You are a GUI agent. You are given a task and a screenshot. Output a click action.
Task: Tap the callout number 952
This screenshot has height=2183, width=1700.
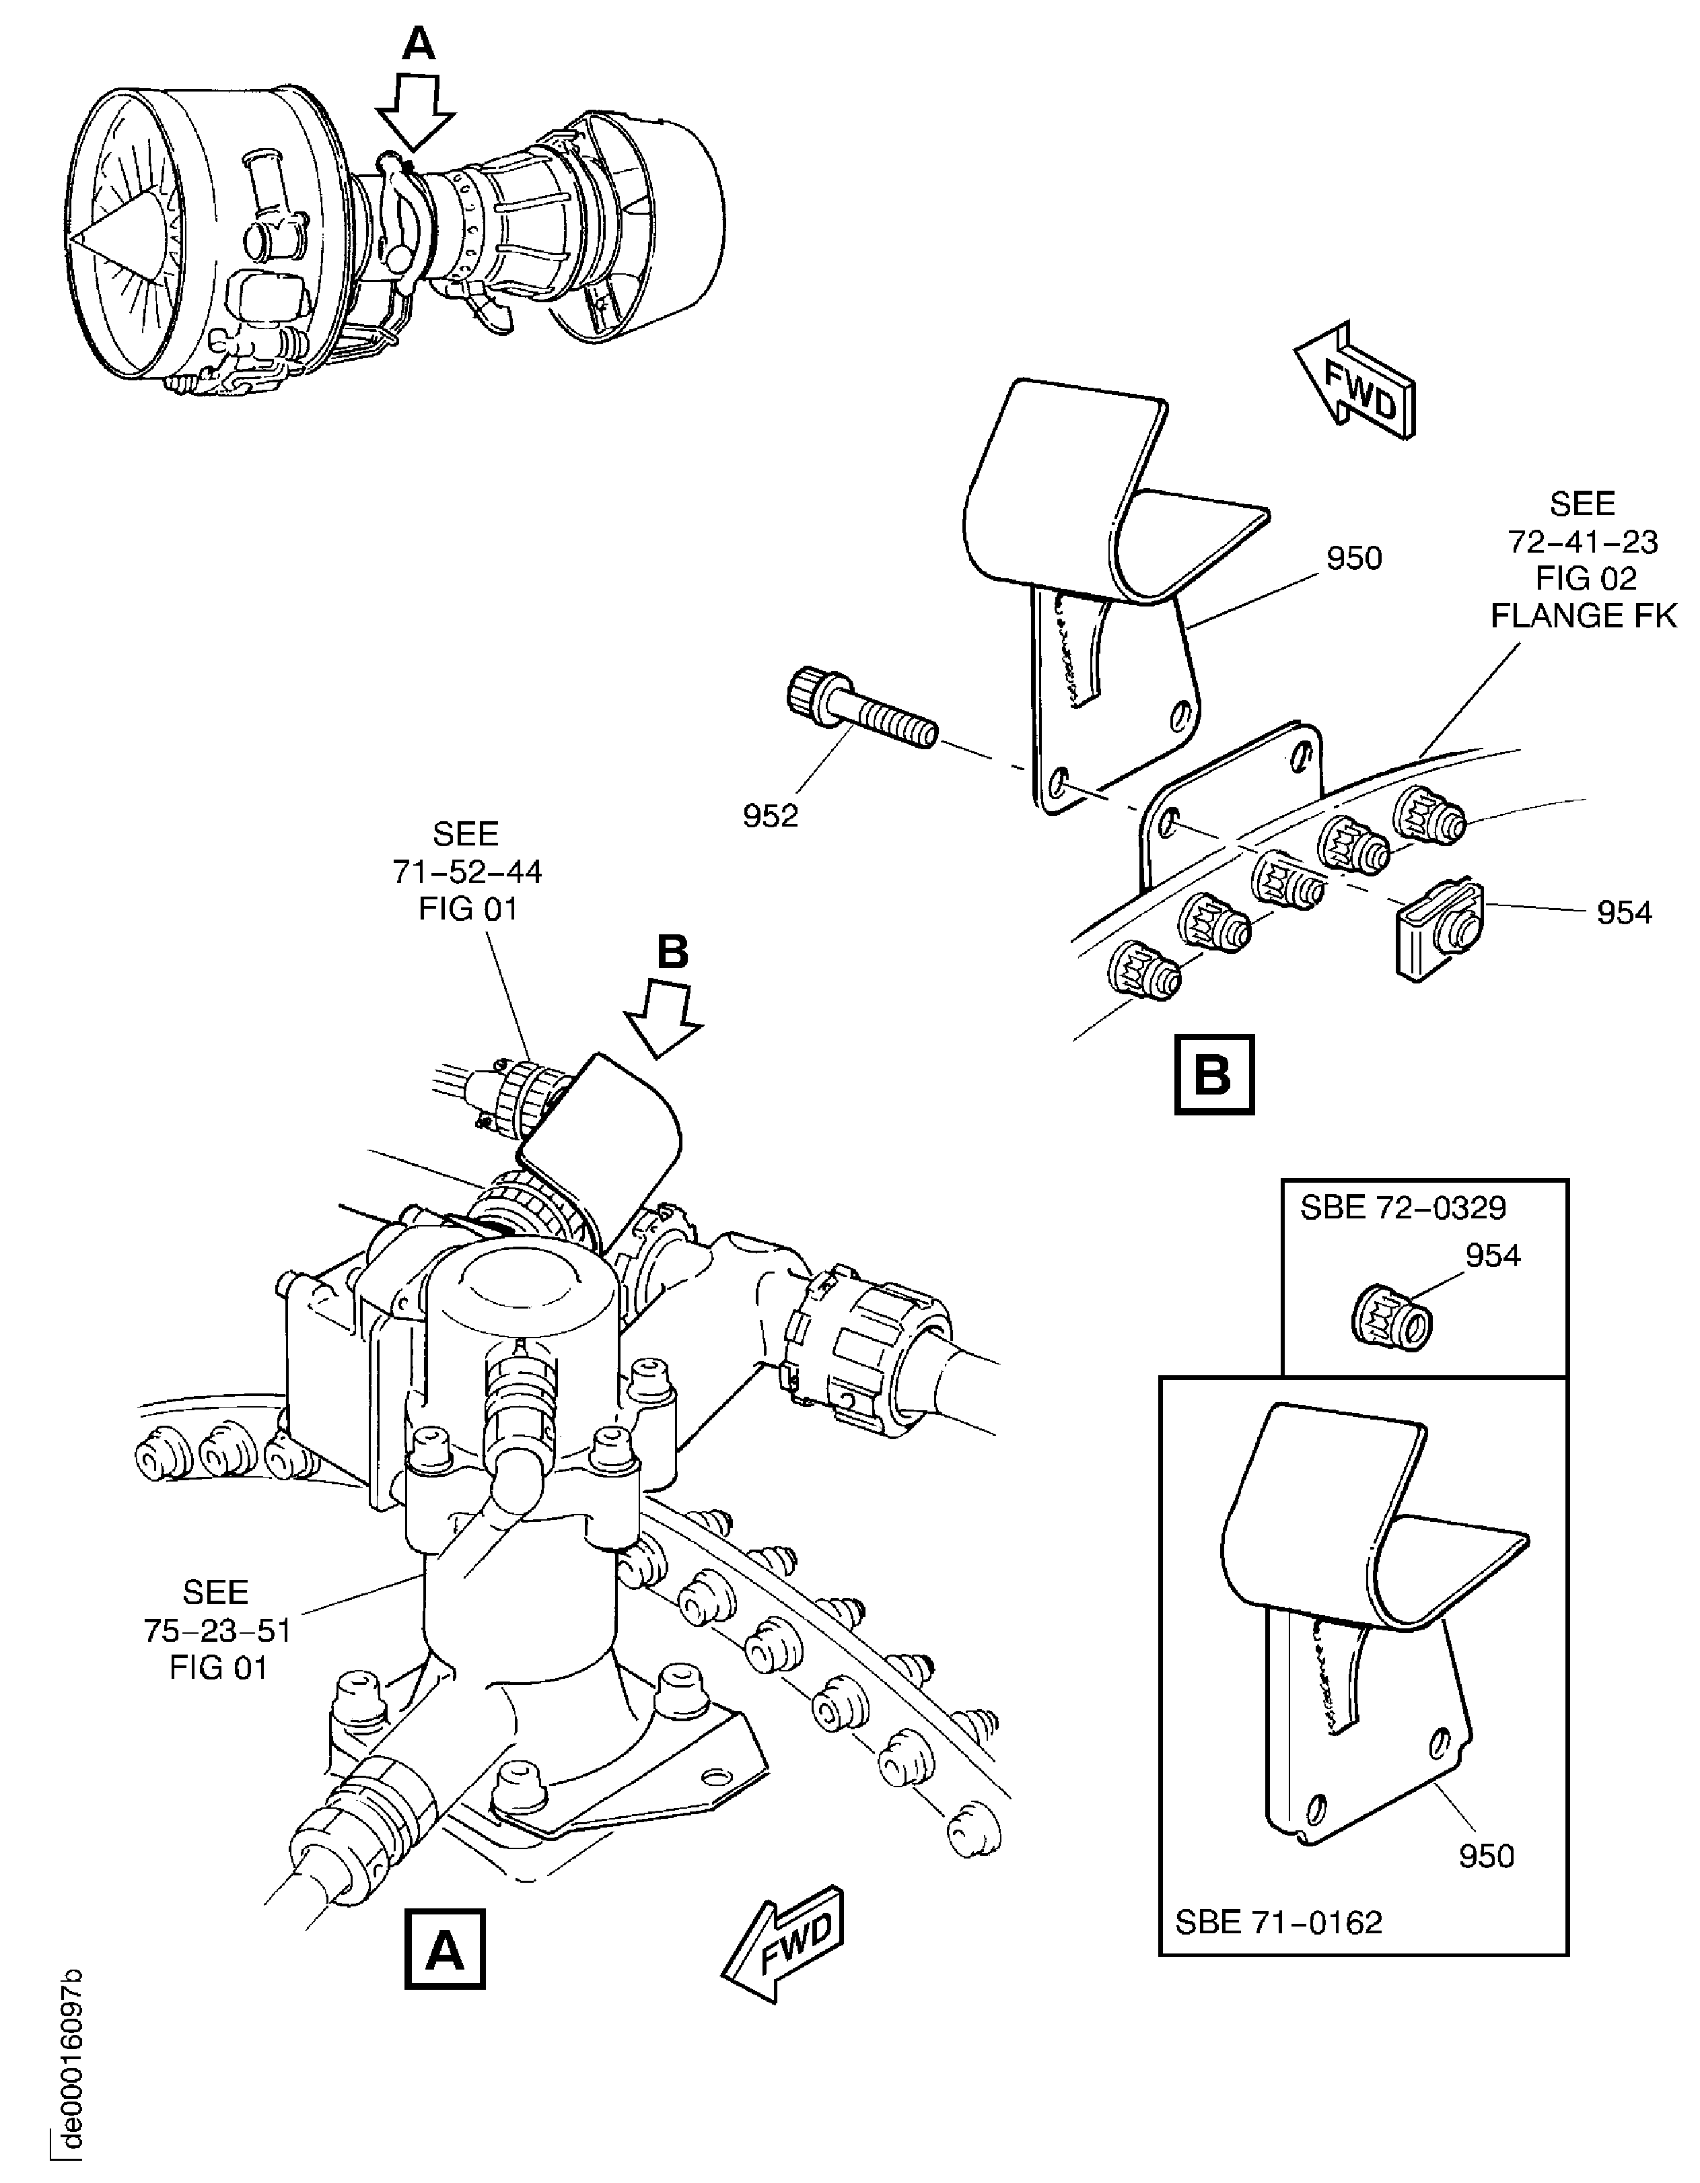pyautogui.click(x=771, y=817)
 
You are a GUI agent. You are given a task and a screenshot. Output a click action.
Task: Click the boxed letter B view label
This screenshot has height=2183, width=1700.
pyautogui.click(x=1213, y=1076)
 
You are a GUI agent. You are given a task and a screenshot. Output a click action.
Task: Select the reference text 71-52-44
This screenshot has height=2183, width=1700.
pyautogui.click(x=466, y=872)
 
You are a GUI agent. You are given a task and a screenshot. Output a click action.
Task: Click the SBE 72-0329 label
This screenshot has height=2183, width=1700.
pyautogui.click(x=1402, y=1208)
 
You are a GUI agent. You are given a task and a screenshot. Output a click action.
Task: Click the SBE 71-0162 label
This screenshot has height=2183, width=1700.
pyautogui.click(x=1278, y=1921)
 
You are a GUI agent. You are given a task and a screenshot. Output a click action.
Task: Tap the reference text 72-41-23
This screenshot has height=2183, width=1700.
pyautogui.click(x=1582, y=542)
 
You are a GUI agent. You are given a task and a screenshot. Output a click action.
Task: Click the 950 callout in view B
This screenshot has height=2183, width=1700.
pyautogui.click(x=1353, y=558)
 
